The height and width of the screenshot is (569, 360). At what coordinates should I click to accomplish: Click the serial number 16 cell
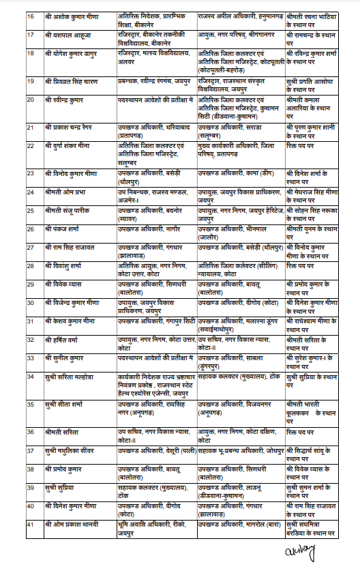click(x=31, y=14)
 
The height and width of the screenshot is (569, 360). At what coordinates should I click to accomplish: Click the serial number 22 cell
click(x=31, y=145)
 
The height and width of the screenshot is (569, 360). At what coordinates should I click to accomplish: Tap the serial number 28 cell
click(x=31, y=263)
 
